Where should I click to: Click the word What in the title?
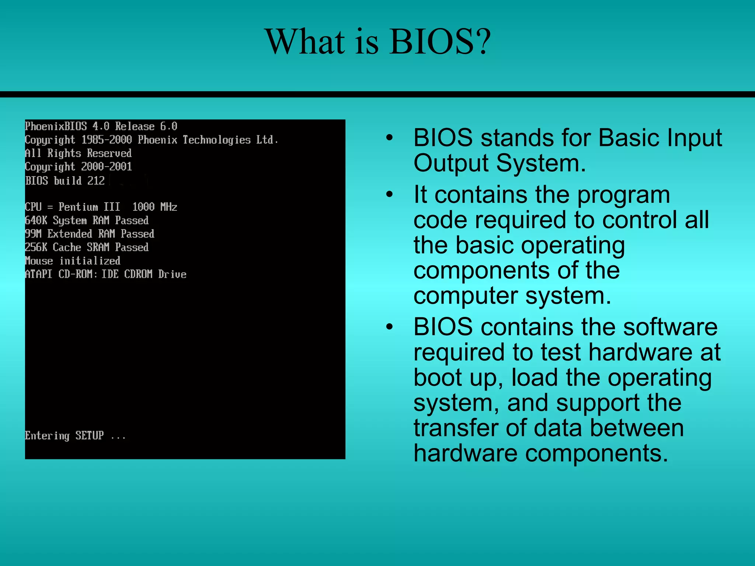click(x=306, y=41)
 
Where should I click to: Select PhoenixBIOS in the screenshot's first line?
click(x=56, y=126)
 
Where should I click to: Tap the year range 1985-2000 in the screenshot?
click(x=107, y=140)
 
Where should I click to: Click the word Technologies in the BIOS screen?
click(x=216, y=140)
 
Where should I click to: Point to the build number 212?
click(x=96, y=181)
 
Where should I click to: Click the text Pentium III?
click(x=89, y=207)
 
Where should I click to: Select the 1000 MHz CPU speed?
click(x=155, y=207)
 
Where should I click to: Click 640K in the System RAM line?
click(x=36, y=220)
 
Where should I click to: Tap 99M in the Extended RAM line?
click(x=33, y=234)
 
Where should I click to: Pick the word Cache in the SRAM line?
click(x=67, y=247)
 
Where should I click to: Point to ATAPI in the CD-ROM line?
click(x=39, y=274)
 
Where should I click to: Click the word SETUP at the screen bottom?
click(x=90, y=436)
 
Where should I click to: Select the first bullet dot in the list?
click(x=390, y=138)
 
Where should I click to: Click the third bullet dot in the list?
click(x=390, y=327)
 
